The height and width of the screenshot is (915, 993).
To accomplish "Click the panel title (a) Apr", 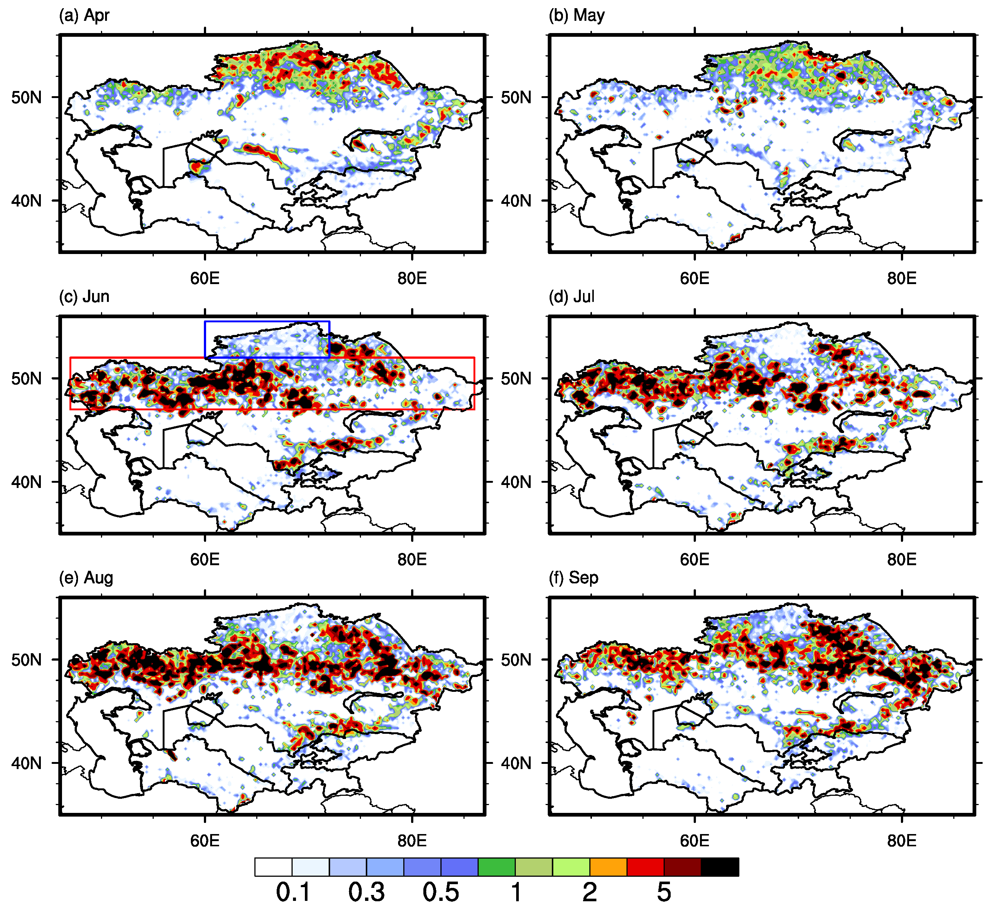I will pyautogui.click(x=84, y=15).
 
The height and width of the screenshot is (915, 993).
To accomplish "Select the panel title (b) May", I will pyautogui.click(x=577, y=15).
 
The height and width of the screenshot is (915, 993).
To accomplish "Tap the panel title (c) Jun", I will pyautogui.click(x=84, y=297).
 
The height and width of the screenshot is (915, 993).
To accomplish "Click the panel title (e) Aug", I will pyautogui.click(x=86, y=578).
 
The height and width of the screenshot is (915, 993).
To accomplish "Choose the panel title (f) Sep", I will pyautogui.click(x=574, y=578).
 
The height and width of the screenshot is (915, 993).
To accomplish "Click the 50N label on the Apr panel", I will pyautogui.click(x=26, y=98).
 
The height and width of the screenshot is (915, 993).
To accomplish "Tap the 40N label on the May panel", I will pyautogui.click(x=516, y=201).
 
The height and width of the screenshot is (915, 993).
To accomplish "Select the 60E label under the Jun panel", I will pyautogui.click(x=205, y=560).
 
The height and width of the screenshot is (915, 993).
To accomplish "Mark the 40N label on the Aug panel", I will pyautogui.click(x=26, y=763).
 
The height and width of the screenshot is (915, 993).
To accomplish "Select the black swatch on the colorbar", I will pyautogui.click(x=720, y=867).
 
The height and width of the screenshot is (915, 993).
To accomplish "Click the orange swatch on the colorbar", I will pyautogui.click(x=608, y=867).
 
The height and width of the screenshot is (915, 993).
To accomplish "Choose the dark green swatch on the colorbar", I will pyautogui.click(x=496, y=867).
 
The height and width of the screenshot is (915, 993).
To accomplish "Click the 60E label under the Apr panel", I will pyautogui.click(x=205, y=279).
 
